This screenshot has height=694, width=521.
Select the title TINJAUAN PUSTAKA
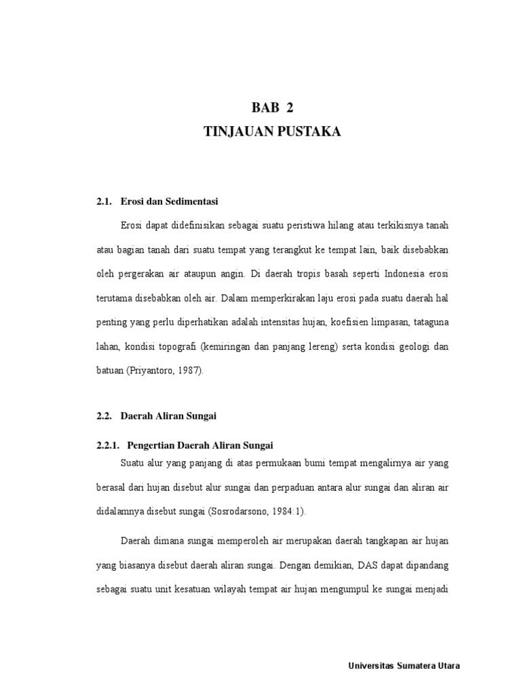[x=272, y=133]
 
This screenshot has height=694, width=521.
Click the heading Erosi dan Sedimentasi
[x=170, y=201]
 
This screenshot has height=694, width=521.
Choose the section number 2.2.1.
[x=107, y=445]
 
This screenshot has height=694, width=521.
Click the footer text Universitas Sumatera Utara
[x=403, y=666]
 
